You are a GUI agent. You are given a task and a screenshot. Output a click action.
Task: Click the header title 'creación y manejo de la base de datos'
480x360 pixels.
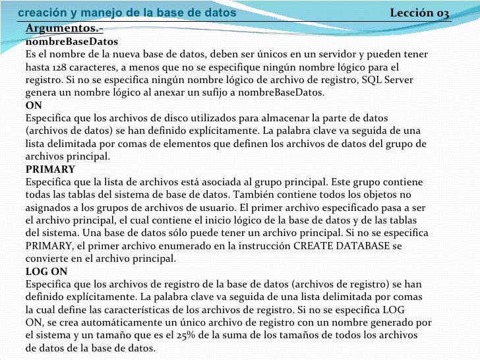coord(126,13)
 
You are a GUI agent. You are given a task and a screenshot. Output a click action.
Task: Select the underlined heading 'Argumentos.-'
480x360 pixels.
coord(64,28)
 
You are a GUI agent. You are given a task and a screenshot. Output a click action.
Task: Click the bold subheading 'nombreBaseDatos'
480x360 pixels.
coord(63,42)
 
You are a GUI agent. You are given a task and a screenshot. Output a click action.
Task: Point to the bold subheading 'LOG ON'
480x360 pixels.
coord(46,272)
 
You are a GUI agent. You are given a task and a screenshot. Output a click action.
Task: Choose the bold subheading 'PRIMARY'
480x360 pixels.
coord(50,169)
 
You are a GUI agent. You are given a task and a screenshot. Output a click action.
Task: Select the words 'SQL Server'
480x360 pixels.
coord(390,80)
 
